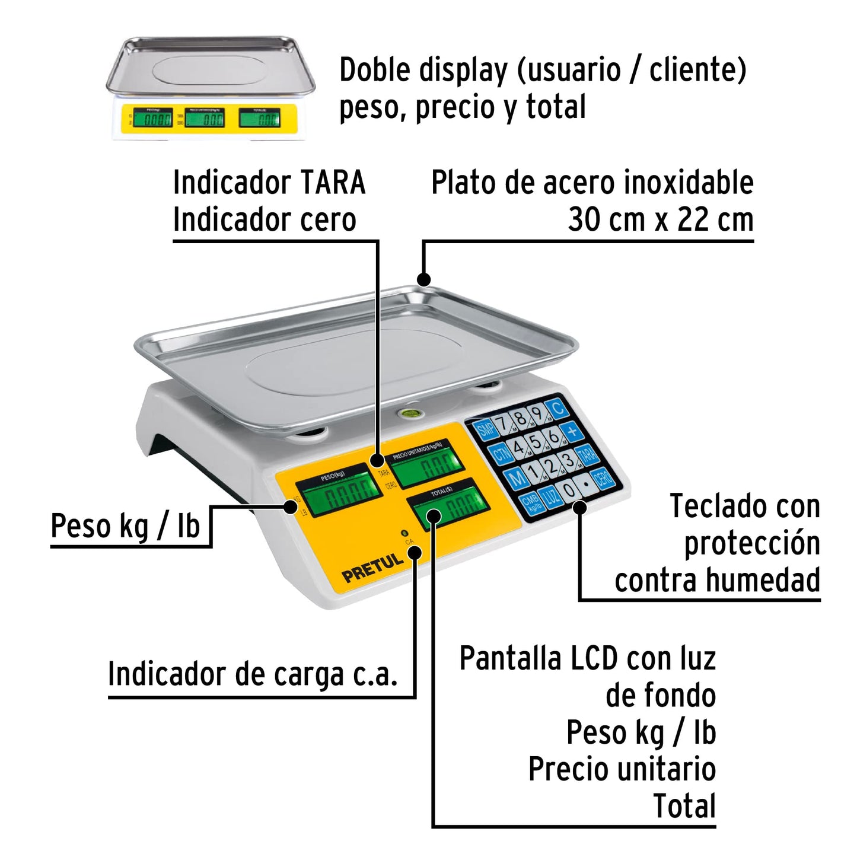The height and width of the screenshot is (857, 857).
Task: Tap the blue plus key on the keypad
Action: click(x=572, y=431)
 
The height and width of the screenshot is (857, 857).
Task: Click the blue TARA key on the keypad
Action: click(x=587, y=455)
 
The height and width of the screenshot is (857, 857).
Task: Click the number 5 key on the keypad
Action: click(x=536, y=442)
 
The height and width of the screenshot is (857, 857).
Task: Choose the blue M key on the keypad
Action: click(x=517, y=477)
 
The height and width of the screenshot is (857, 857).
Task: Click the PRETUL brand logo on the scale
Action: click(x=372, y=568)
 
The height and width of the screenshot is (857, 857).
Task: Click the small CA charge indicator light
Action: click(x=404, y=533)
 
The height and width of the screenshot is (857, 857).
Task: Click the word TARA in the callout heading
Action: click(x=332, y=183)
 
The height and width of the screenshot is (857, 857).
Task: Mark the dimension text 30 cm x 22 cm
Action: click(x=660, y=220)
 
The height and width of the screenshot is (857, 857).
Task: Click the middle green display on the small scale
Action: click(x=205, y=119)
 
